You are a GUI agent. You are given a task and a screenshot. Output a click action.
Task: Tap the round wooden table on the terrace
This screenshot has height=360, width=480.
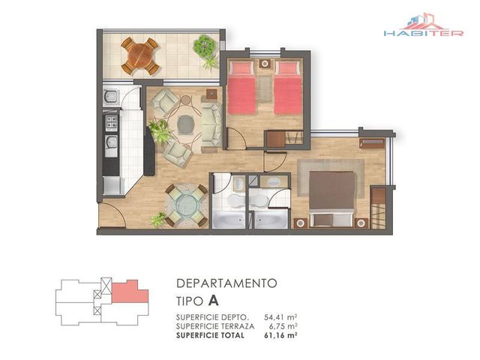(x=140, y=56)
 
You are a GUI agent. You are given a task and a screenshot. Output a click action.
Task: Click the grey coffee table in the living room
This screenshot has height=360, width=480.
(x=186, y=124)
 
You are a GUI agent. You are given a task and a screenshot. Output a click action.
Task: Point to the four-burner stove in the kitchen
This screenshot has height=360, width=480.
(x=112, y=121)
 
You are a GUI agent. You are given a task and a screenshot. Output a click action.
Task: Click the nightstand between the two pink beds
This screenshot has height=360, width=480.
(x=265, y=64)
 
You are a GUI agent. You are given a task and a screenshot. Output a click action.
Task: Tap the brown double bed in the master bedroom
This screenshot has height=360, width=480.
(x=332, y=199)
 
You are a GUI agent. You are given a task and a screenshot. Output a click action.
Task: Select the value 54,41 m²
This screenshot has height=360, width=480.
(x=280, y=317)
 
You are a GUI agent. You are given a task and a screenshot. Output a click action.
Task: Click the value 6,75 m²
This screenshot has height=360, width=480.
(x=283, y=326)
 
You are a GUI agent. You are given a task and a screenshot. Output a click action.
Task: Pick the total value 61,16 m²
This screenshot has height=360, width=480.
(x=280, y=335)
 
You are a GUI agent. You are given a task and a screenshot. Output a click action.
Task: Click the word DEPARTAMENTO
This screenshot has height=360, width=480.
(x=226, y=283)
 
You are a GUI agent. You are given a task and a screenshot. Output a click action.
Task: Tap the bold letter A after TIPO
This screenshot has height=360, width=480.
(x=213, y=301)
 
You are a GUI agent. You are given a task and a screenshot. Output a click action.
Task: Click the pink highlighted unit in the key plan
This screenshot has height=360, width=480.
(x=130, y=292)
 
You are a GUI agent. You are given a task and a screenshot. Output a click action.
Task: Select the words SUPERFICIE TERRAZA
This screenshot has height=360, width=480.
(x=215, y=326)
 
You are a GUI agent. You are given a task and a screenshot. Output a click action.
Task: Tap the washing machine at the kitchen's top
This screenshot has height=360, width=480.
(x=111, y=96)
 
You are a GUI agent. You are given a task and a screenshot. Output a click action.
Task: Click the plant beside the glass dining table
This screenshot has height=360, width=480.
(x=158, y=220)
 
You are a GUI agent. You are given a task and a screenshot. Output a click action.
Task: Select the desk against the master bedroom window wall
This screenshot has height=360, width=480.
(x=372, y=143)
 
